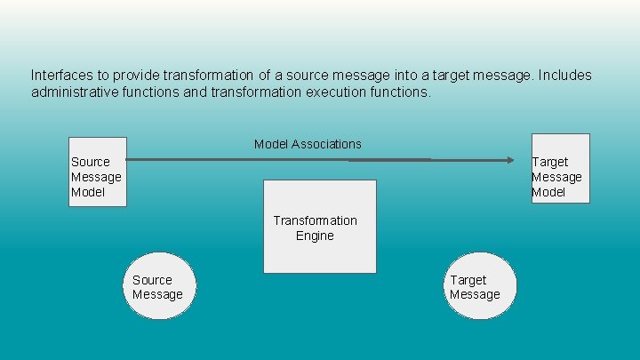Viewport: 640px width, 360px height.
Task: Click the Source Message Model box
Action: click(x=98, y=172)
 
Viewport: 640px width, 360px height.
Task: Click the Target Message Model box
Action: click(x=560, y=168)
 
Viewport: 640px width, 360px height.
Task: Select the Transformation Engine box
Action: click(x=319, y=227)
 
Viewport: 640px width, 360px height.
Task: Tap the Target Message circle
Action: click(x=481, y=286)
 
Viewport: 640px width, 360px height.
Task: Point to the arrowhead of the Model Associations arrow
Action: click(x=510, y=160)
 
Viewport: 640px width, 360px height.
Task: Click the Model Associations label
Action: click(x=308, y=144)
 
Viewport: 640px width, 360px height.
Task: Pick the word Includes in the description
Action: click(x=564, y=76)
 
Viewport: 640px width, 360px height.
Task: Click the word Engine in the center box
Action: click(x=315, y=236)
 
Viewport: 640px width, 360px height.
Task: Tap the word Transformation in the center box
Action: click(x=315, y=220)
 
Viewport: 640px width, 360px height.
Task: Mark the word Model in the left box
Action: click(x=88, y=192)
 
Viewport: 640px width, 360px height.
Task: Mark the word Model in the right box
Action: click(x=548, y=192)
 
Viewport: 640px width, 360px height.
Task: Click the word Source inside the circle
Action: click(x=152, y=279)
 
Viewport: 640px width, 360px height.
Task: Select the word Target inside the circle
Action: click(x=468, y=279)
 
